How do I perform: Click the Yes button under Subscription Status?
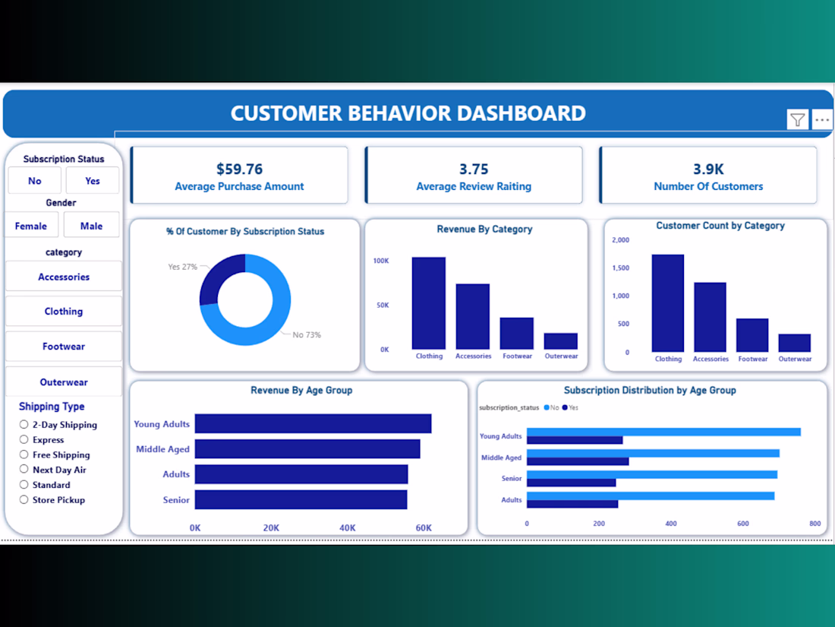tap(92, 181)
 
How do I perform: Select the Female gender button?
tap(31, 226)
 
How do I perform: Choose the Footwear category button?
tap(64, 347)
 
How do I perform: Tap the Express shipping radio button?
tap(24, 439)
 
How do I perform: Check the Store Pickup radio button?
tap(24, 499)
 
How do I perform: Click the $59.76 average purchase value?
tap(240, 169)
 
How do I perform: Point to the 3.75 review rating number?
tap(474, 169)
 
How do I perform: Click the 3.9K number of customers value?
tap(708, 169)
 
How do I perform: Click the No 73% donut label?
tap(307, 335)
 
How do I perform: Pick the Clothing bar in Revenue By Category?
tap(429, 302)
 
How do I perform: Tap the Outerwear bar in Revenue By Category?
tap(561, 341)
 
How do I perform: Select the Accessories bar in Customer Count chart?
tap(710, 317)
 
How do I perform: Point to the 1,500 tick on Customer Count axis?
tap(621, 268)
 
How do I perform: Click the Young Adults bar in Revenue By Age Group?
tap(313, 423)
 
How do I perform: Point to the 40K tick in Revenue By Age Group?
tap(347, 528)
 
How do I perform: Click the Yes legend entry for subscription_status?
tap(570, 407)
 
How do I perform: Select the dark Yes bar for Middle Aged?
tap(578, 461)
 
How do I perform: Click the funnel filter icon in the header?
tap(797, 119)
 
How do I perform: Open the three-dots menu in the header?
tap(821, 119)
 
